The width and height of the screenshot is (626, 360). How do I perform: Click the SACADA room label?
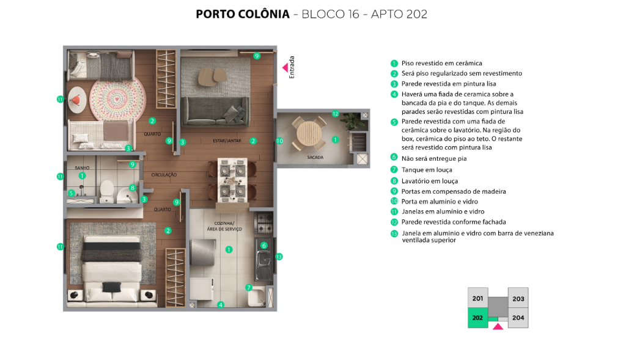[315, 157]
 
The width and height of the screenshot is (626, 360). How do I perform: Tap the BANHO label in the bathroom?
[82, 167]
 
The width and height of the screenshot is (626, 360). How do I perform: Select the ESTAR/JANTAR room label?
[227, 141]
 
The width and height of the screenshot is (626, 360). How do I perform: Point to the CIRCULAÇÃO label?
[164, 175]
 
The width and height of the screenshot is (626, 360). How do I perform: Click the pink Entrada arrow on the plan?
[285, 67]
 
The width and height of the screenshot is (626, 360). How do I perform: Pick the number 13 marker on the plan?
[279, 257]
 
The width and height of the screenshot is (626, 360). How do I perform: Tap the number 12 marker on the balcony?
[336, 114]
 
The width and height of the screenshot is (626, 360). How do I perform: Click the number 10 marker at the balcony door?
[279, 141]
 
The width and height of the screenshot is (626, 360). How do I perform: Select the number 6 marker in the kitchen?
[264, 246]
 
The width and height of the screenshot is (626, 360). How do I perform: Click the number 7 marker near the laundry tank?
[249, 287]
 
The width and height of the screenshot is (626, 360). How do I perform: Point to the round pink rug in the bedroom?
[117, 98]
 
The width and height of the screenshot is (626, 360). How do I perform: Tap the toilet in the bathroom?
[106, 191]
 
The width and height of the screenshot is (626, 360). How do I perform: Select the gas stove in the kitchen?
[264, 222]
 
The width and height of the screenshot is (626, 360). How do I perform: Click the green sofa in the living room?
[215, 111]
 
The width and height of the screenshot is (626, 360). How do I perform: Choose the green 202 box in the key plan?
[478, 318]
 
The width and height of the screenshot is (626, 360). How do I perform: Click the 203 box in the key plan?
[518, 298]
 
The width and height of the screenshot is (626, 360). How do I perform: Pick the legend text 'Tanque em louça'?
[427, 170]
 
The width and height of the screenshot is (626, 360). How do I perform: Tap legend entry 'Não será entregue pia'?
[434, 158]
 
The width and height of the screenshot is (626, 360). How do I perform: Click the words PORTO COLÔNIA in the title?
[243, 14]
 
